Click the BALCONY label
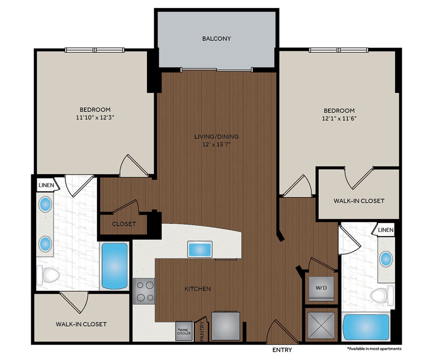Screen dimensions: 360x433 pos(216,38)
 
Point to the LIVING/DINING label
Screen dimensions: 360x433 pos(216,136)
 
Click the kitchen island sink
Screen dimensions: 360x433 pos(200,249)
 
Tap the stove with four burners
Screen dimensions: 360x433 pos(144,291)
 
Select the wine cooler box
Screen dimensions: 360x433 pos(184,331)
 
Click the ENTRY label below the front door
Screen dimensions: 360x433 pos(282,350)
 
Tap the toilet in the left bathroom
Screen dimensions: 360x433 pos(48,275)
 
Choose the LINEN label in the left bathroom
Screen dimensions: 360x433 pos(46,185)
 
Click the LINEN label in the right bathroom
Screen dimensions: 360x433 pos(385,230)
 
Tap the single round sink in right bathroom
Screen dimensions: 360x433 pos(386,258)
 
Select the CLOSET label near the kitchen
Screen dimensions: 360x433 pos(124,224)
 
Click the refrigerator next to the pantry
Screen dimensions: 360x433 pos(225,326)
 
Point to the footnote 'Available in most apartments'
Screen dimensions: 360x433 pos(374,348)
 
